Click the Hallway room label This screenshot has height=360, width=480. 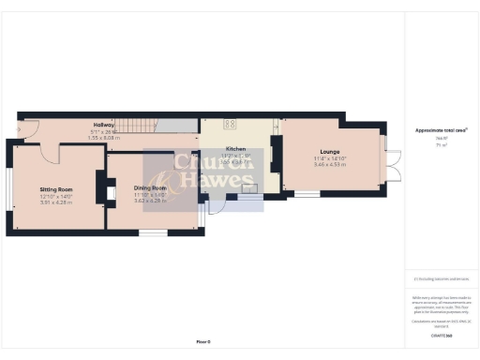103,125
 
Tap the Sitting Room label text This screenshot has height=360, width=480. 56,188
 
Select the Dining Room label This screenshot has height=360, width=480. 151,187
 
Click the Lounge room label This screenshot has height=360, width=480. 329,150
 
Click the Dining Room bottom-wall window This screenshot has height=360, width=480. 152,232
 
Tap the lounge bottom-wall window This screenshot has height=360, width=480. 305,194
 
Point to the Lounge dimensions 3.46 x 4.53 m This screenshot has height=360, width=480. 329,163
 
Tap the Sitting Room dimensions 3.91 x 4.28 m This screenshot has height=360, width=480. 56,202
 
